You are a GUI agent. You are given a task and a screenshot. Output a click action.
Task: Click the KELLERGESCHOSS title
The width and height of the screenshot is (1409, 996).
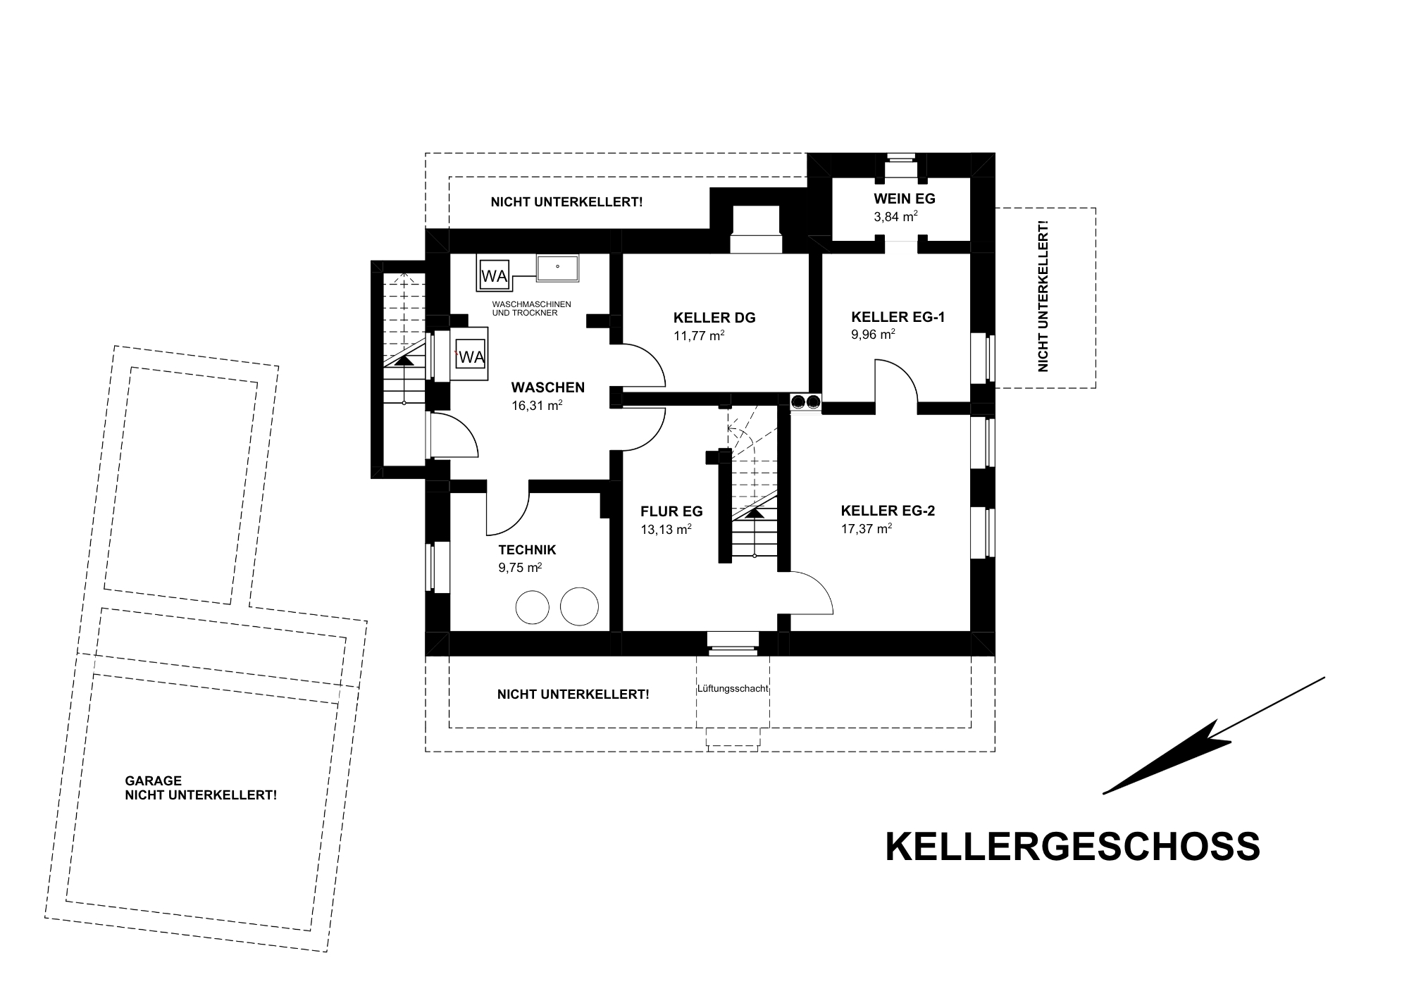[1072, 847]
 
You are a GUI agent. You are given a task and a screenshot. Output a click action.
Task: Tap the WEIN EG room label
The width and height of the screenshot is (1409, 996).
[905, 199]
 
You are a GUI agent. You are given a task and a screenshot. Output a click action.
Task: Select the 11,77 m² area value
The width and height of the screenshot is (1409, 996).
[699, 335]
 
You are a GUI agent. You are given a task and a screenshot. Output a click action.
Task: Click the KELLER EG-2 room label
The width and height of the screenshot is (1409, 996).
[888, 511]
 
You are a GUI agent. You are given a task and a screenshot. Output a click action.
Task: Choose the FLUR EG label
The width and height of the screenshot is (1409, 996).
[671, 512]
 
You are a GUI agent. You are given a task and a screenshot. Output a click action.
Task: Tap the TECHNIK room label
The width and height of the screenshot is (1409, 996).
[527, 550]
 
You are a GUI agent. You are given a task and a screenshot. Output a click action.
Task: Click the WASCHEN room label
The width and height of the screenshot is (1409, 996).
[548, 387]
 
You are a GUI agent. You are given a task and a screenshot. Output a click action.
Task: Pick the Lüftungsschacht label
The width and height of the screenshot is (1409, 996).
[733, 689]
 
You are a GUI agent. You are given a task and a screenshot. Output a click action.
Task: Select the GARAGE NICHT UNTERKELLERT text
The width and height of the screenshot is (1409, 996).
[201, 788]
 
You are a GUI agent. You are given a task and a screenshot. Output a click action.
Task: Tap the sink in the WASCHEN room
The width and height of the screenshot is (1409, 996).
[558, 268]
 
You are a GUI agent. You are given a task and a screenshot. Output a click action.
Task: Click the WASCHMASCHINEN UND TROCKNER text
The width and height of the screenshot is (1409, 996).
[531, 309]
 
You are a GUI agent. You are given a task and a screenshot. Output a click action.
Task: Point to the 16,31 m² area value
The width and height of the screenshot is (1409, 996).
[537, 406]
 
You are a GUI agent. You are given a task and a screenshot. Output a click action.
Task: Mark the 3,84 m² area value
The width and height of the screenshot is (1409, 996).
[895, 217]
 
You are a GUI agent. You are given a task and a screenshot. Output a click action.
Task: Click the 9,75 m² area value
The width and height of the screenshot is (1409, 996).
[520, 568]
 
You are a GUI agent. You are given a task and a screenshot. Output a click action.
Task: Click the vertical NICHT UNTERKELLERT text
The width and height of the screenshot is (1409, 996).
[1043, 297]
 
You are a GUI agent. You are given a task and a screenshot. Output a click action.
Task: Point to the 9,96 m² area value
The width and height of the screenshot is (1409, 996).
[873, 335]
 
